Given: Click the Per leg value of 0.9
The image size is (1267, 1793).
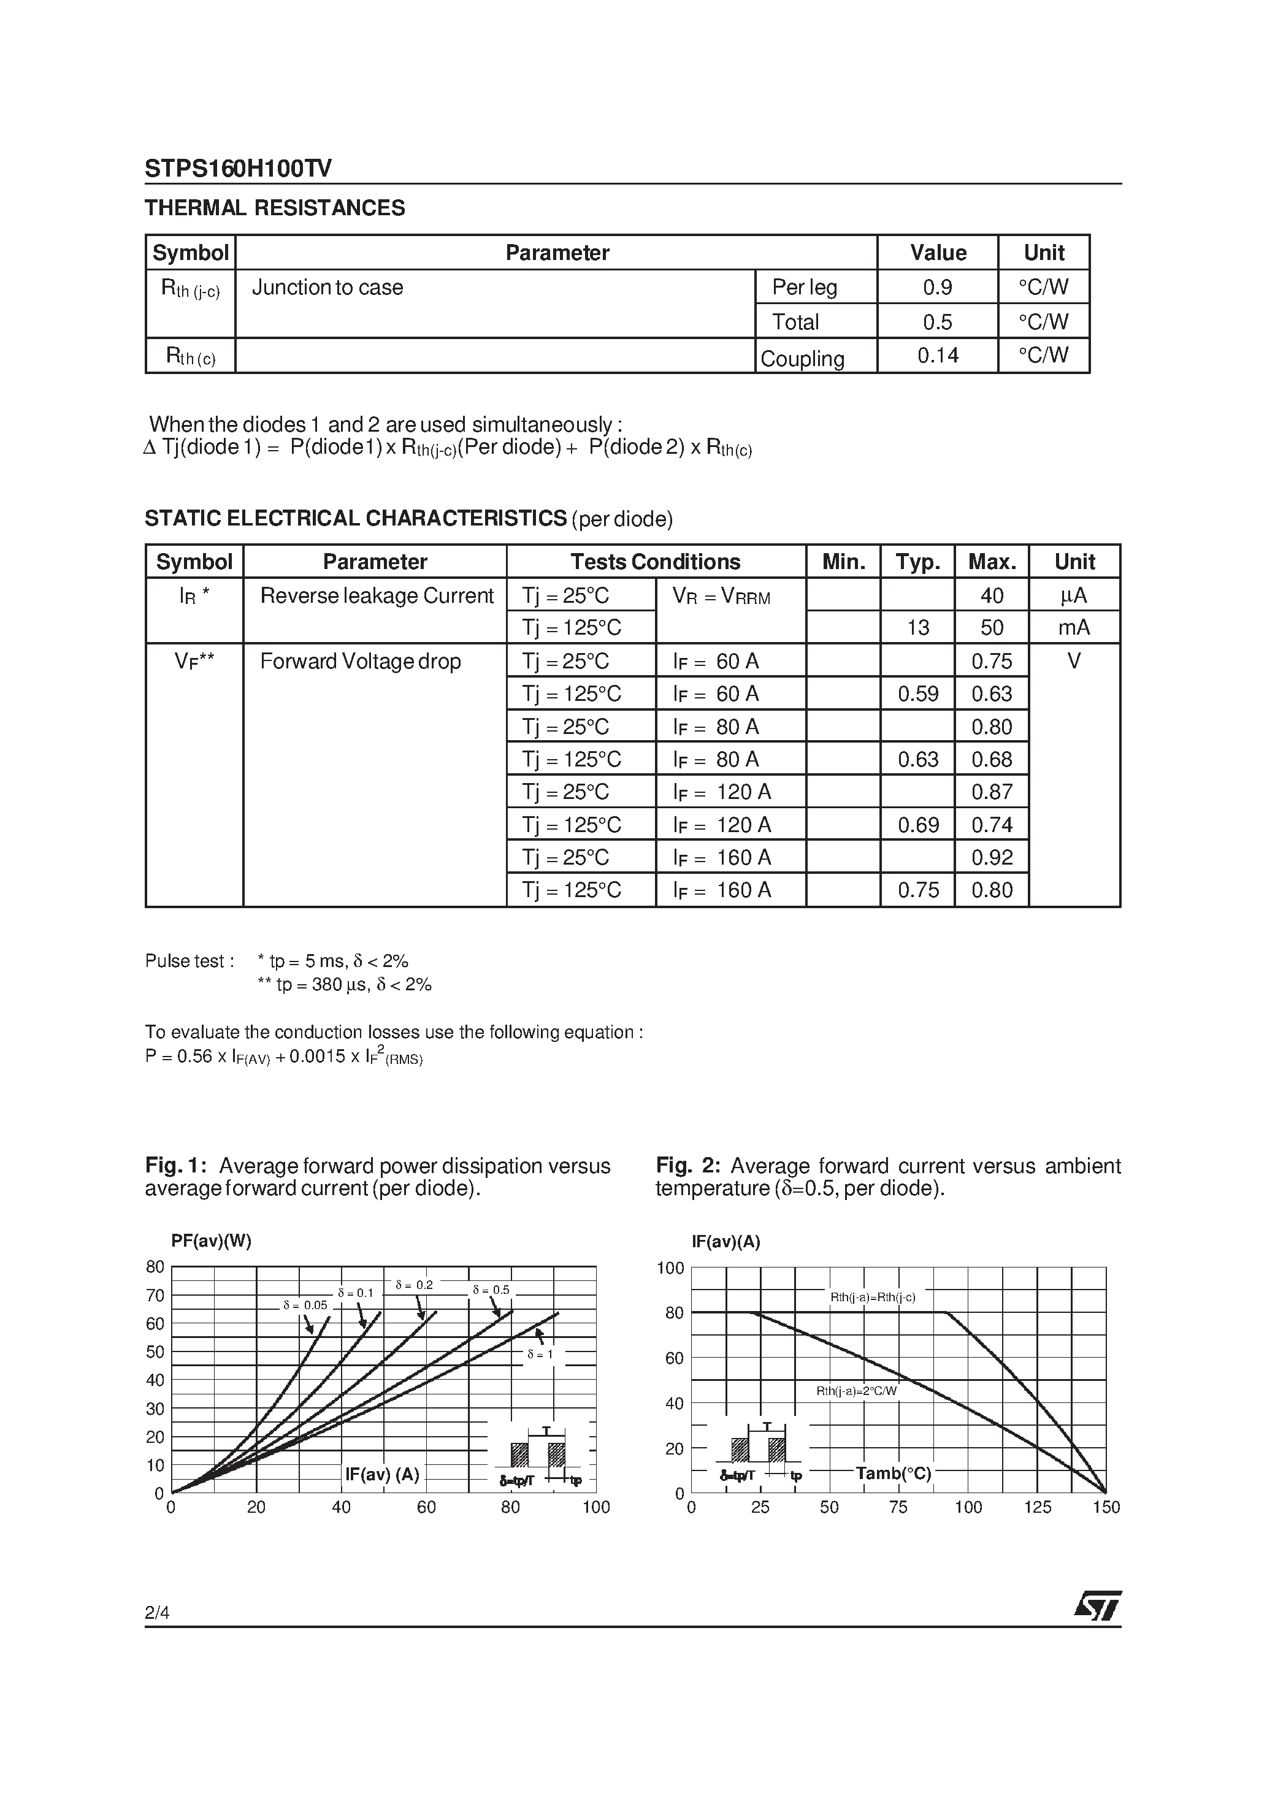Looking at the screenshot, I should (x=937, y=288).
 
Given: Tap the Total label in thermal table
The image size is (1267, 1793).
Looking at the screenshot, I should (x=795, y=322).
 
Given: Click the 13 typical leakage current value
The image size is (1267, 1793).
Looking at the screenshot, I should (x=918, y=628).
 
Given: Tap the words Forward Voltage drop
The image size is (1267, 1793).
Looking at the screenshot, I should (x=360, y=662).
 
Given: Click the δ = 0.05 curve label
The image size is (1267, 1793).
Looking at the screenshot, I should (x=305, y=1305).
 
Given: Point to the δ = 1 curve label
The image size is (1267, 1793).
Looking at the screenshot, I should (x=540, y=1354).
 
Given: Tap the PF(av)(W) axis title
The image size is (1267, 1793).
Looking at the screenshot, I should (x=211, y=1242).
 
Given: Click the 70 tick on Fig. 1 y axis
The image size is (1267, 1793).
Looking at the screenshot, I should (x=155, y=1296).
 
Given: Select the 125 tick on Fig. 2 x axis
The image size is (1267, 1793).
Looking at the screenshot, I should (x=1038, y=1507).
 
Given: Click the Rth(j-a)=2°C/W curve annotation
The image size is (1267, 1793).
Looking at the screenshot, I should (x=857, y=1391).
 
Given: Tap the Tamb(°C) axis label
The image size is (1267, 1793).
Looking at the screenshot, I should (x=894, y=1474).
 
